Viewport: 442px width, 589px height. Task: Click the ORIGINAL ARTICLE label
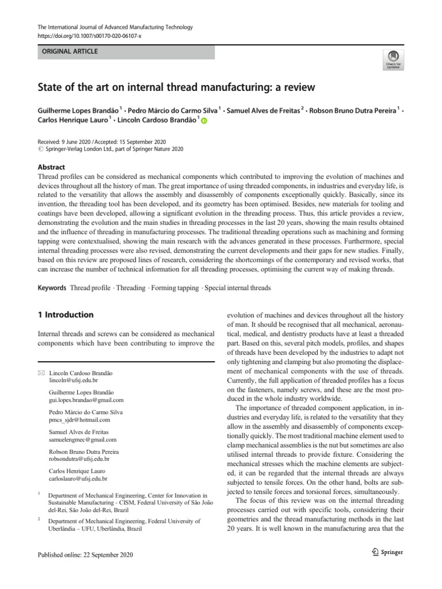coord(68,52)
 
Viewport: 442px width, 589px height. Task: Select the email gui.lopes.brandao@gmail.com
coord(86,400)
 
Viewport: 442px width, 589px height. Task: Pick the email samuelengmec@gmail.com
coord(83,439)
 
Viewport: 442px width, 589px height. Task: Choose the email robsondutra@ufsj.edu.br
coord(79,459)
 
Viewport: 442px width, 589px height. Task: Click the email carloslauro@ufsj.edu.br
coord(78,479)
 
